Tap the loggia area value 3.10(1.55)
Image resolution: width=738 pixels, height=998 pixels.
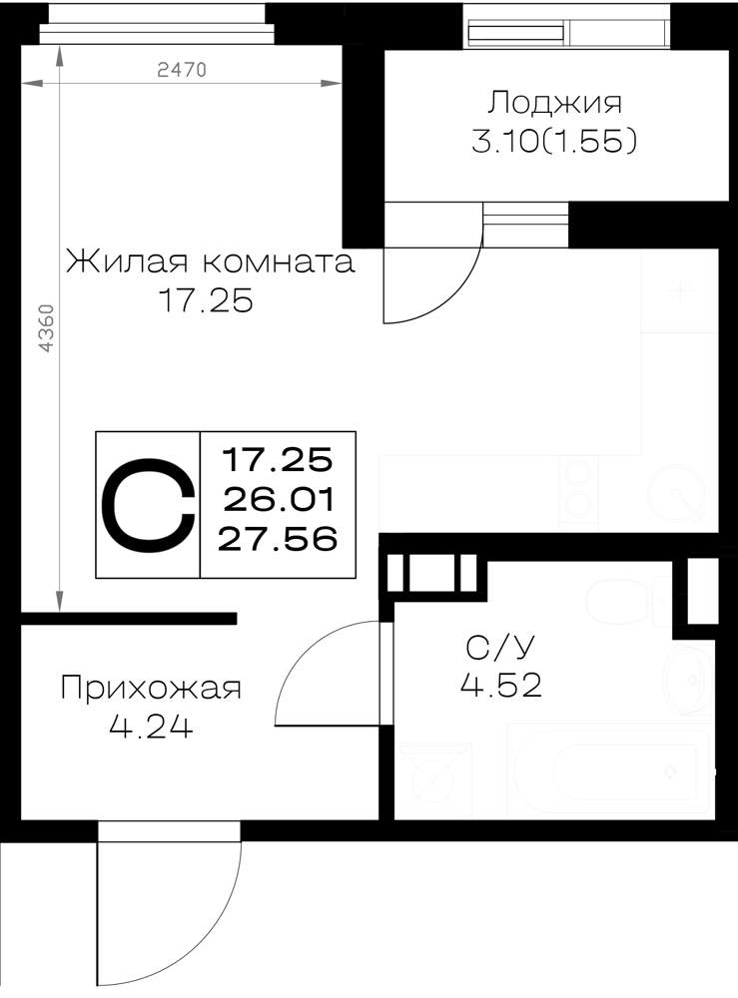click(x=554, y=143)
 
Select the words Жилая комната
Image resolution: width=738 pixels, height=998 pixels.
click(x=210, y=261)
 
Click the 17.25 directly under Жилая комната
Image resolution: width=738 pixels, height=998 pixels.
click(x=205, y=301)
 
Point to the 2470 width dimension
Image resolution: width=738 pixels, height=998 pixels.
click(x=182, y=69)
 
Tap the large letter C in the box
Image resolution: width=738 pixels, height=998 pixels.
click(x=148, y=505)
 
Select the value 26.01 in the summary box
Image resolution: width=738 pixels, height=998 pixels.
click(x=279, y=500)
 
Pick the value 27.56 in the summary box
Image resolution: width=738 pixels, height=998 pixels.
click(x=278, y=540)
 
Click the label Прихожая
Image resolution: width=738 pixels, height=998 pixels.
click(x=151, y=689)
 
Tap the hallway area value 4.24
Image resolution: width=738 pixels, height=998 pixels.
click(x=150, y=727)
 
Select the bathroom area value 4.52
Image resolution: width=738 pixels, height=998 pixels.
click(x=501, y=686)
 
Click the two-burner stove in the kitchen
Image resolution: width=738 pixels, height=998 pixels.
click(x=579, y=489)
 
